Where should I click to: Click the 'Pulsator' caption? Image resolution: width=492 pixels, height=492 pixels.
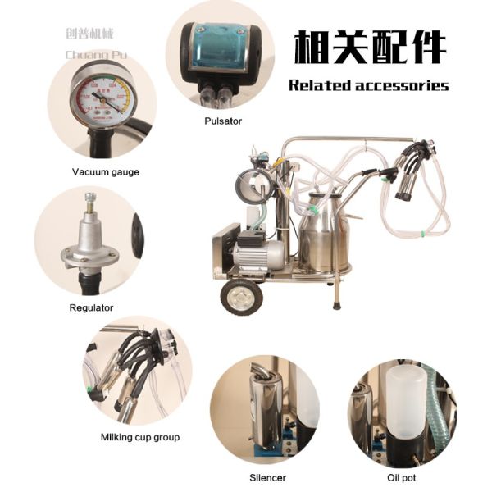tap(222, 121)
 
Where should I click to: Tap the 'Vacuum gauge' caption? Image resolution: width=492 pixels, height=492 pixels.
tap(105, 172)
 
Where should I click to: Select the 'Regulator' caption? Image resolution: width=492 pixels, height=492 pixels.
tap(91, 307)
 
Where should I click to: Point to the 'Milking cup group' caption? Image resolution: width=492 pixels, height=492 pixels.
tap(139, 437)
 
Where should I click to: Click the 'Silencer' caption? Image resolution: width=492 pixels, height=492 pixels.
tap(268, 476)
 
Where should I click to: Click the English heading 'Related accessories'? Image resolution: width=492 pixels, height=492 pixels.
tap(368, 85)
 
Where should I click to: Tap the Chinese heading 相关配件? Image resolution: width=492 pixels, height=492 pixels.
tap(371, 48)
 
